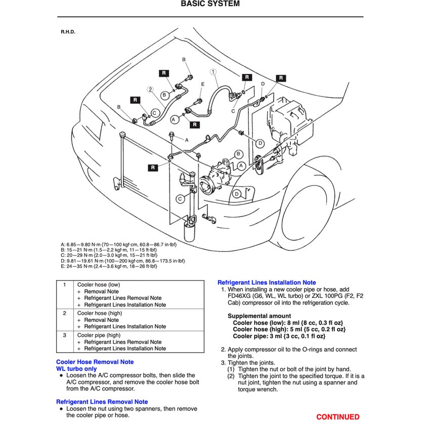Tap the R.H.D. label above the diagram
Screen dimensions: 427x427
pos(68,32)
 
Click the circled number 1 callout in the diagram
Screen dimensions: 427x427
pos(213,72)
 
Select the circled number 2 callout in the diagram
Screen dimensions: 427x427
pos(150,89)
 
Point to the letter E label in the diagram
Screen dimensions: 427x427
pos(203,84)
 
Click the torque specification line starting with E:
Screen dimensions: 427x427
pos(115,266)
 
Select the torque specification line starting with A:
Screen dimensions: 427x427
pos(118,244)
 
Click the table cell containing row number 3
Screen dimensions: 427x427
pos(65,335)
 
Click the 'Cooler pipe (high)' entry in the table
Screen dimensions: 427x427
pos(99,335)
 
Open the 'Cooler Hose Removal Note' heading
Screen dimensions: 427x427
pos(95,362)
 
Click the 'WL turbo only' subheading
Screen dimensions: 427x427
pos(76,369)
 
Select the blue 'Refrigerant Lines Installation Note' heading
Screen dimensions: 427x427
pos(267,283)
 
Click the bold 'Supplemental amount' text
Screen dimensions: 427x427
pos(260,316)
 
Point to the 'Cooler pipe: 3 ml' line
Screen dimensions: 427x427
pos(279,336)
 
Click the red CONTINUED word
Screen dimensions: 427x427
pos(337,417)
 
